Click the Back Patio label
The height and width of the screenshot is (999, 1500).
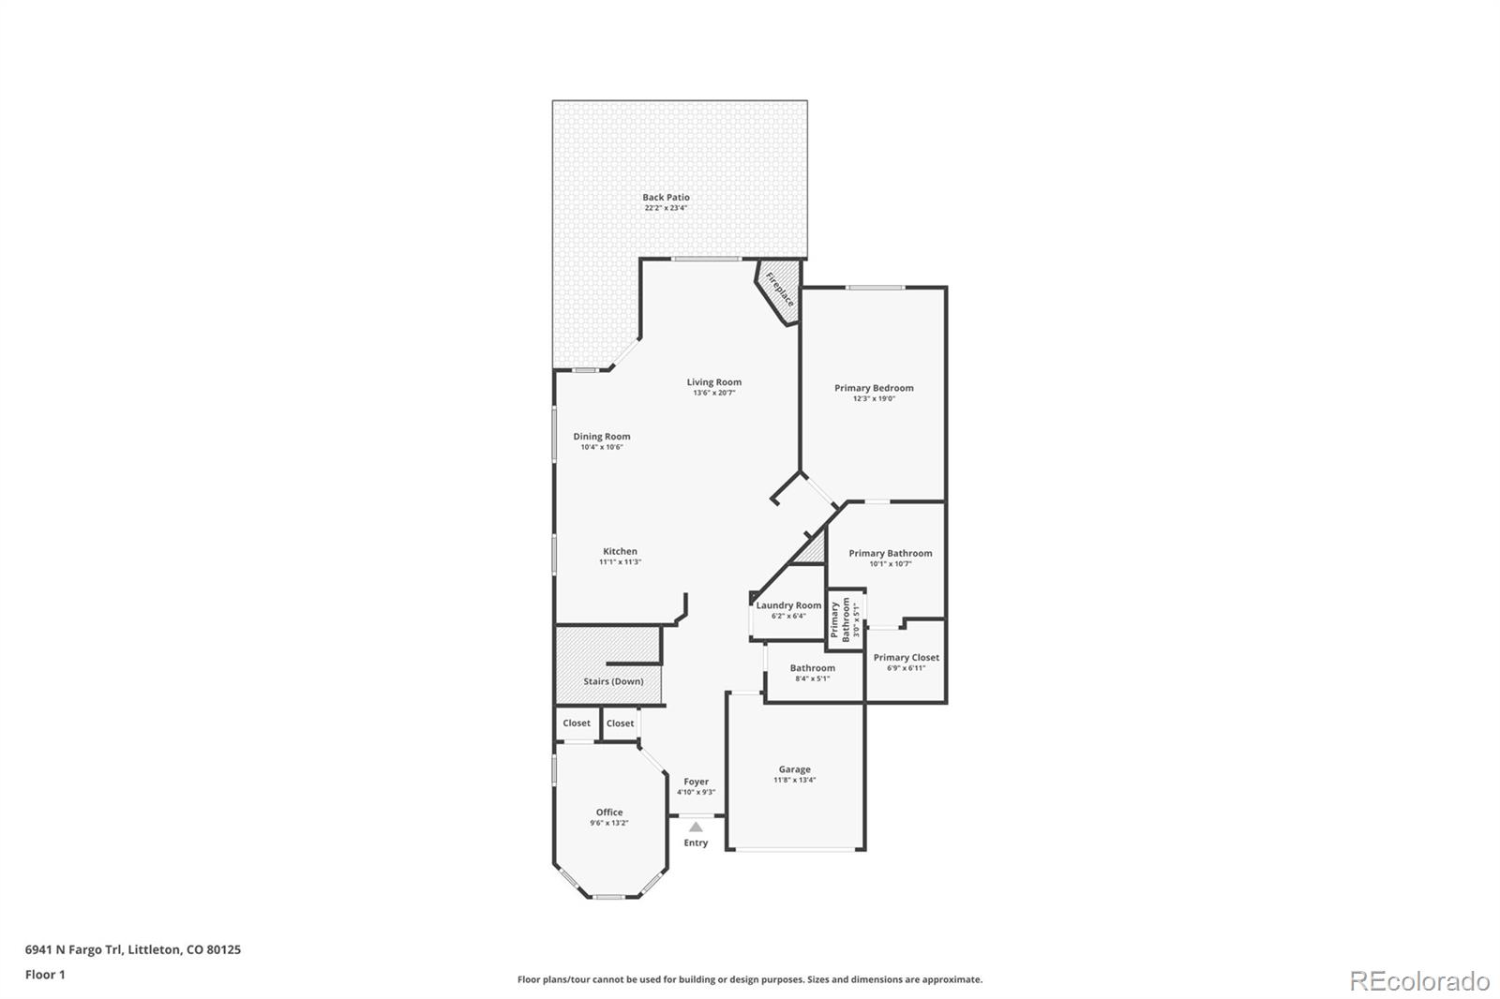click(x=666, y=198)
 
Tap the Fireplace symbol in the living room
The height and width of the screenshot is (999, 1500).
click(x=780, y=290)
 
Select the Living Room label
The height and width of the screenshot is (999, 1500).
click(x=713, y=382)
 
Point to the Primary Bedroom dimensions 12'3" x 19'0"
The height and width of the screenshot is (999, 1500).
click(x=874, y=399)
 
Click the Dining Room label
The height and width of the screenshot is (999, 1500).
click(x=602, y=437)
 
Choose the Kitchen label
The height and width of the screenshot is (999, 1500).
click(x=620, y=552)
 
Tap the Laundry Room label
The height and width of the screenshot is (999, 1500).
click(x=788, y=605)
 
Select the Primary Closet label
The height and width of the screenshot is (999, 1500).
click(x=906, y=658)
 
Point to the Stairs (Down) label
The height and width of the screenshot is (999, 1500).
click(x=613, y=681)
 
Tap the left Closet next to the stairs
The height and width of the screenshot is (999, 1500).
click(x=577, y=723)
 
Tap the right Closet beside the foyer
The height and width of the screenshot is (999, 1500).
click(x=620, y=723)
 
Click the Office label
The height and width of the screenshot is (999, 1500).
click(x=609, y=813)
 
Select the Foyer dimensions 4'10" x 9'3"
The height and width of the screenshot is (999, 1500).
click(x=696, y=793)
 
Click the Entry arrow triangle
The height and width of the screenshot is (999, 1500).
click(x=696, y=827)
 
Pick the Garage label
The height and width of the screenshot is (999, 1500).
click(x=794, y=769)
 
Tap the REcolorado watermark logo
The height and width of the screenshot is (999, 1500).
click(x=1418, y=981)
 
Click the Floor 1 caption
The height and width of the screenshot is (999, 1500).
click(x=45, y=975)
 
